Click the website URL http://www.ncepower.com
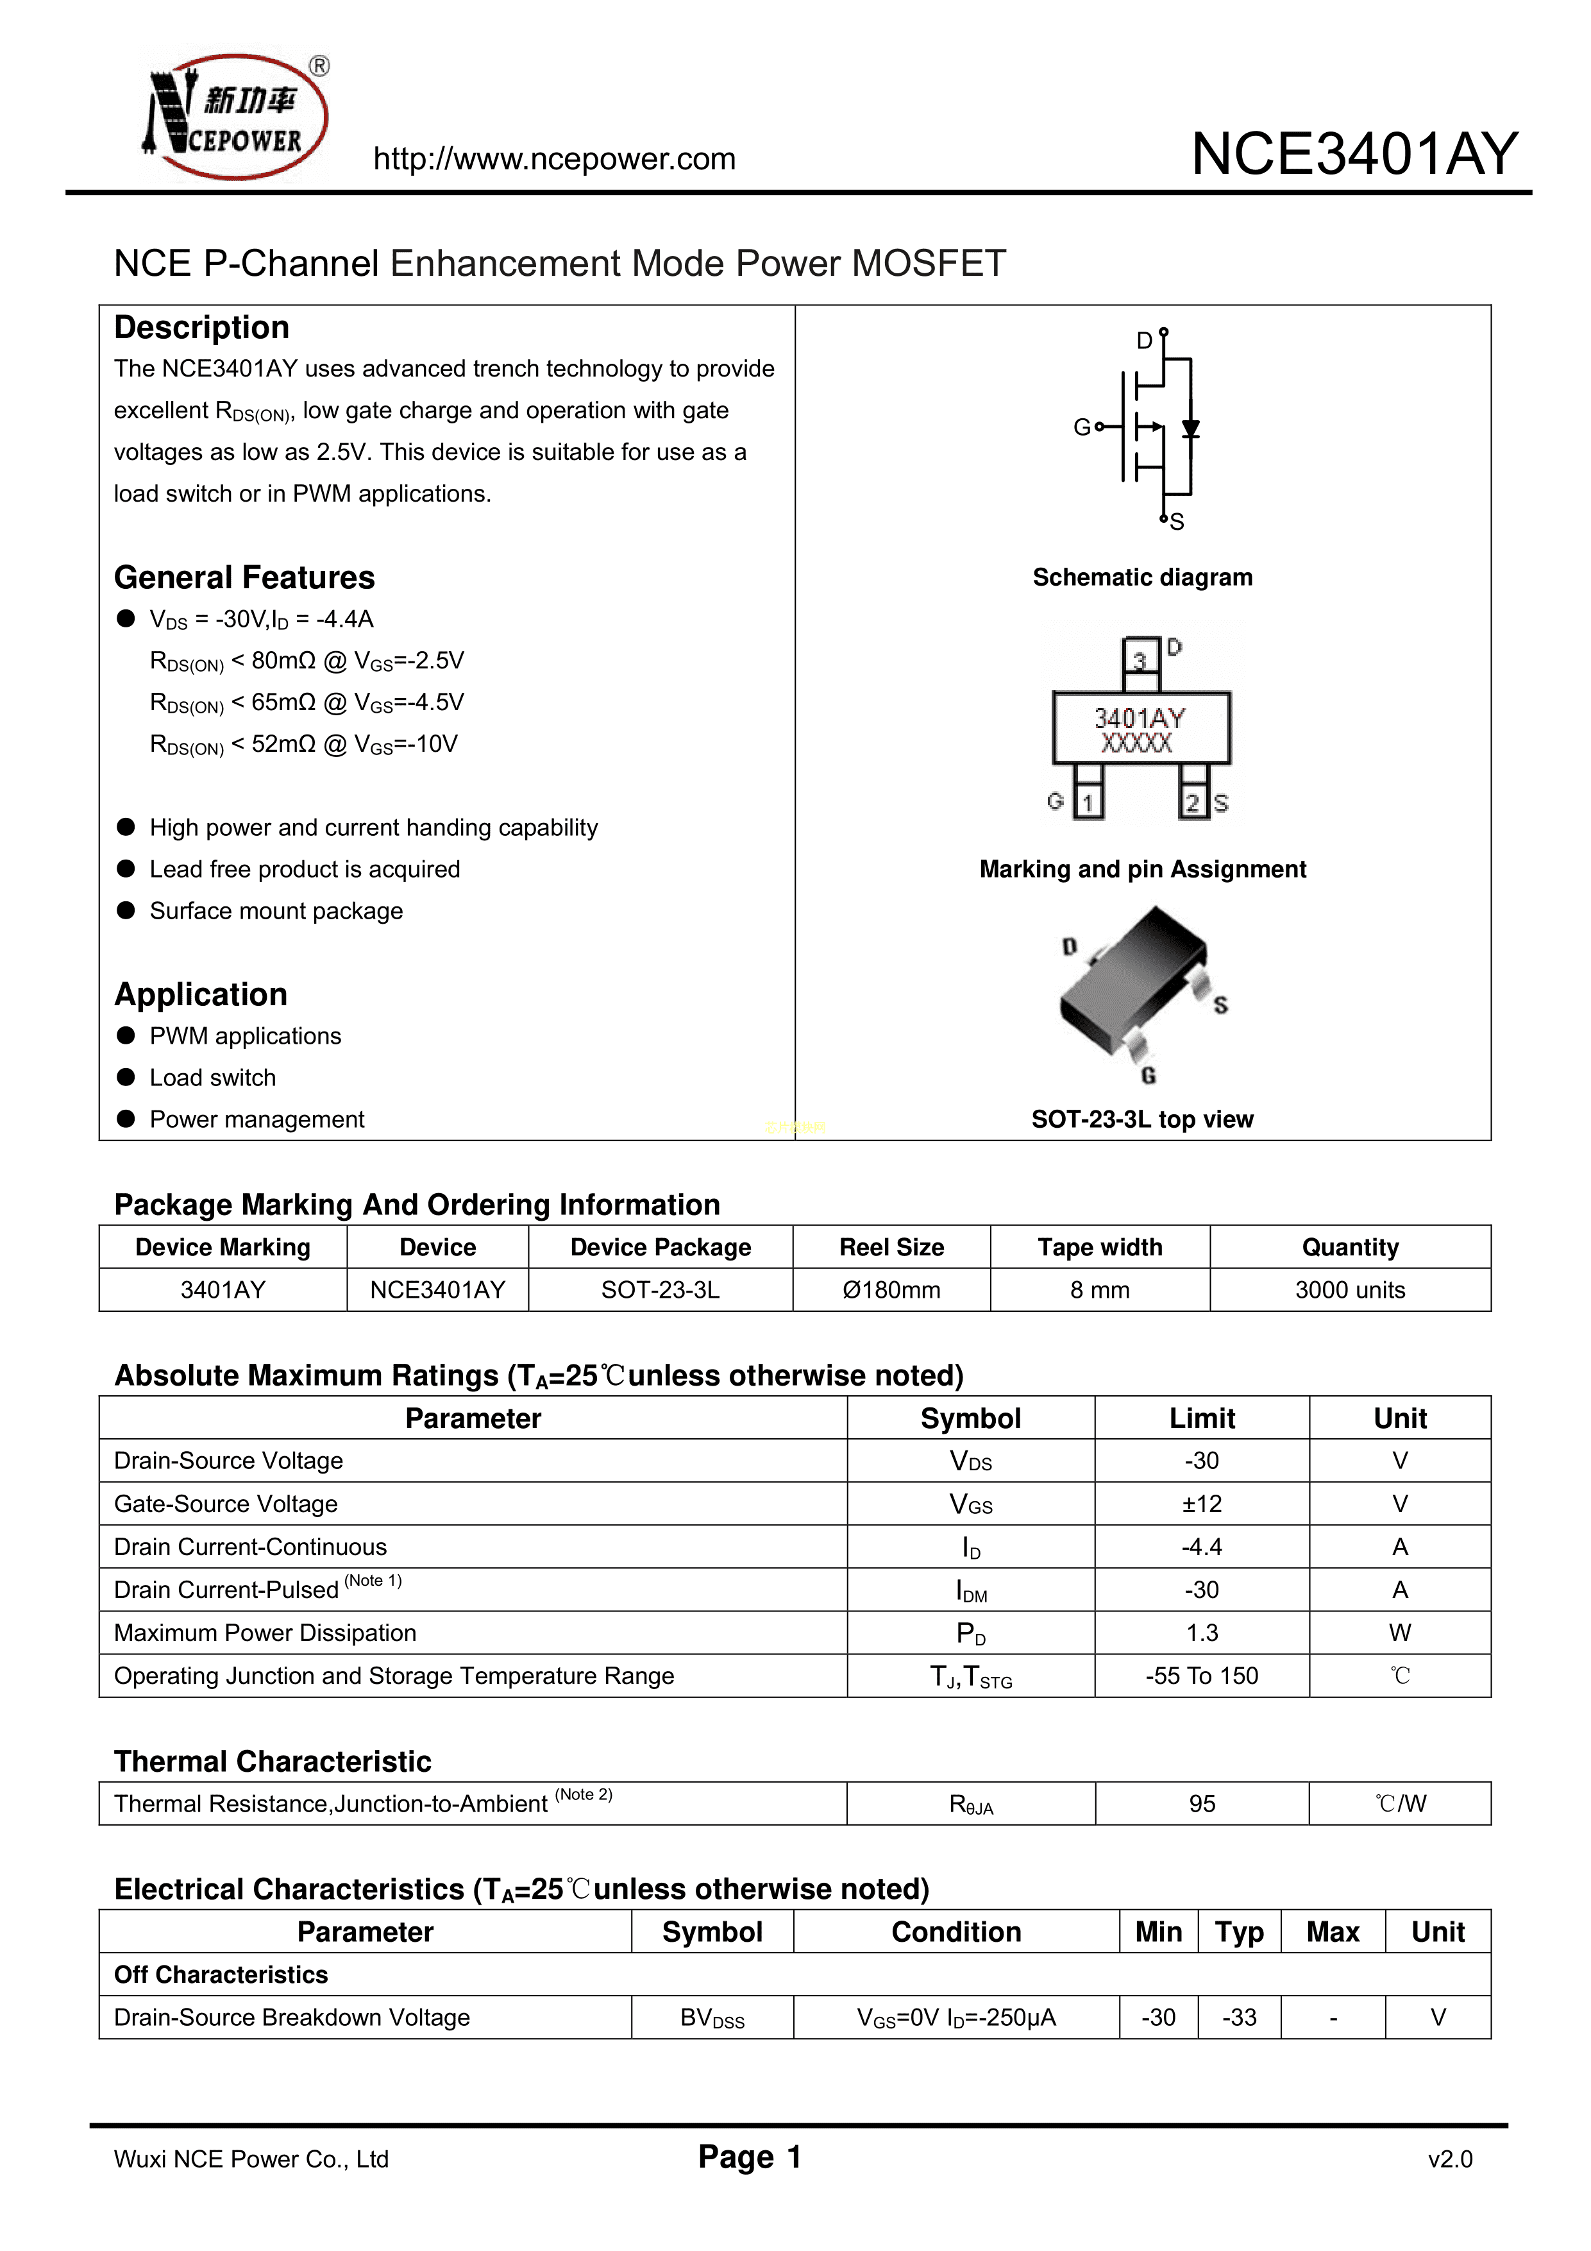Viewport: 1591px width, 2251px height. pyautogui.click(x=554, y=159)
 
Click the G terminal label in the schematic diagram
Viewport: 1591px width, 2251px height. pyautogui.click(x=1081, y=427)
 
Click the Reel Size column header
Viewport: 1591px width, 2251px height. pyautogui.click(x=891, y=1247)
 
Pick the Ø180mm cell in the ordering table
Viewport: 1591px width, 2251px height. pyautogui.click(x=891, y=1290)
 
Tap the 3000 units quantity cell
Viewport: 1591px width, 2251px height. pyautogui.click(x=1350, y=1290)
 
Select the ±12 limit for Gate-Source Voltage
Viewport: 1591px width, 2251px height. pyautogui.click(x=1202, y=1504)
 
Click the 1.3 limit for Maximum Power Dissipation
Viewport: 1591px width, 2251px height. pyautogui.click(x=1202, y=1633)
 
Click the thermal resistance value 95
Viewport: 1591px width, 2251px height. pyautogui.click(x=1202, y=1804)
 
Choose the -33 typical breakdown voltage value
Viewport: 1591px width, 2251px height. pyautogui.click(x=1239, y=2017)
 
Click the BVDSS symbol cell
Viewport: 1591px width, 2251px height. pyautogui.click(x=712, y=2017)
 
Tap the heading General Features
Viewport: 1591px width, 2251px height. pyautogui.click(x=244, y=577)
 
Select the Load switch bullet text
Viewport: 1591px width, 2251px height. pyautogui.click(x=213, y=1078)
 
